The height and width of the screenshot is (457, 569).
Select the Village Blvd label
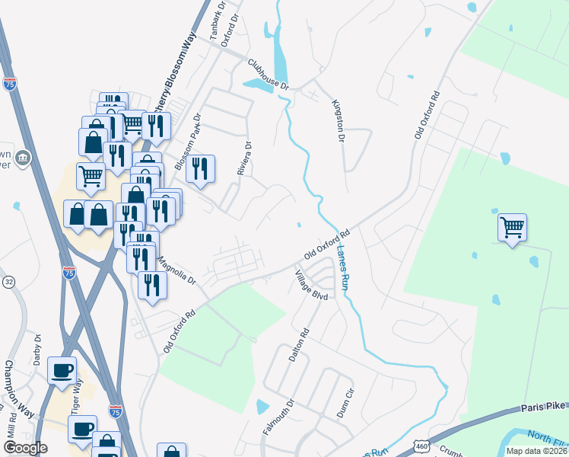311,285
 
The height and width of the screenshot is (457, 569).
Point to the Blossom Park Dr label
186,142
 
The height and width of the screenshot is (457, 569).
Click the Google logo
25,447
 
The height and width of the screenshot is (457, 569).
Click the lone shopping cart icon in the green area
512,226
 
